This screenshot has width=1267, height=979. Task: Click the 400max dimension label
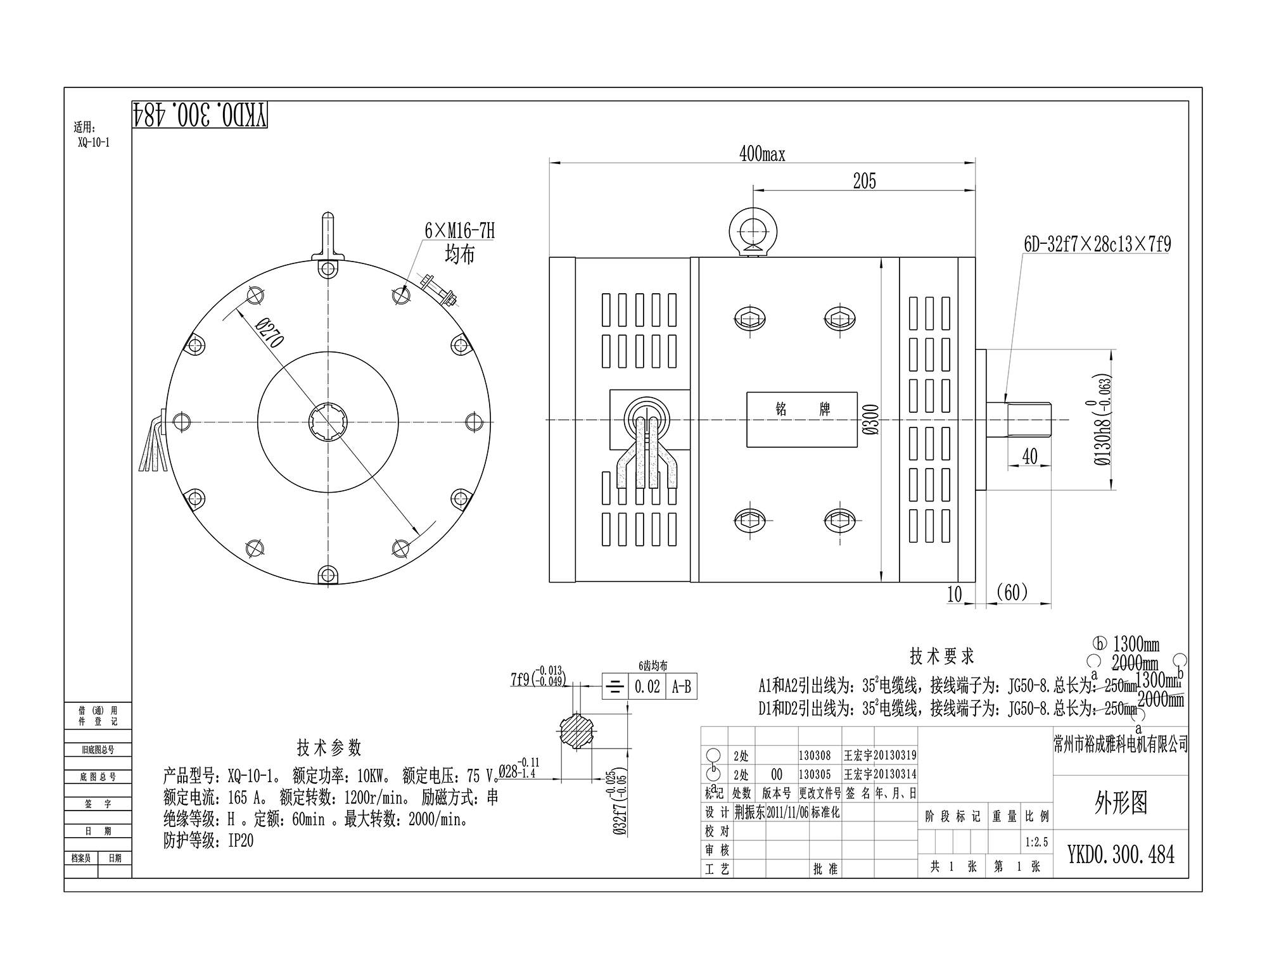pos(762,154)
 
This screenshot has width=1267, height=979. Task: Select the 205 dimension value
pos(864,181)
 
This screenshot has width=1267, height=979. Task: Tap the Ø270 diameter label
pos(269,333)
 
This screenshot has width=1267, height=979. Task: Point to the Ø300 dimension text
pos(872,419)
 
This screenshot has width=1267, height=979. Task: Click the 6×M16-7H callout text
pos(459,231)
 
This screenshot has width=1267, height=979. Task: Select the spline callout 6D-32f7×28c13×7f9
pos(1097,244)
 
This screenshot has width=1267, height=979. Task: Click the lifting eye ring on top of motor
pos(753,231)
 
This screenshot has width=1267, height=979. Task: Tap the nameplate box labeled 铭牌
pos(802,419)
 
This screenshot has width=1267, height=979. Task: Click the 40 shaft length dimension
pos(1030,457)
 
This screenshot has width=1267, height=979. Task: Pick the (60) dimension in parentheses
pos(1012,593)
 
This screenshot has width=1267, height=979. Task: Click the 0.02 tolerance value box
pos(647,686)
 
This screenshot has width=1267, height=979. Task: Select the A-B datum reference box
pos(681,686)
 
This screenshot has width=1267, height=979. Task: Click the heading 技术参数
pos(329,747)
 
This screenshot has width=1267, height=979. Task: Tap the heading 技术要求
pos(941,656)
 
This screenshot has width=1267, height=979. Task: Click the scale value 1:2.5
pos(1036,842)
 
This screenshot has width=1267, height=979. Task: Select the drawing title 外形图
pos(1120,803)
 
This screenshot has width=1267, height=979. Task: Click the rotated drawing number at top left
pos(200,115)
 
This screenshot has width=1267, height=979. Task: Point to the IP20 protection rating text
pos(241,841)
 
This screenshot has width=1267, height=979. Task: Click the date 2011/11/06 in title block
pos(787,812)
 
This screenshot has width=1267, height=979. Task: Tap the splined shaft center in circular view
pos(328,422)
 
